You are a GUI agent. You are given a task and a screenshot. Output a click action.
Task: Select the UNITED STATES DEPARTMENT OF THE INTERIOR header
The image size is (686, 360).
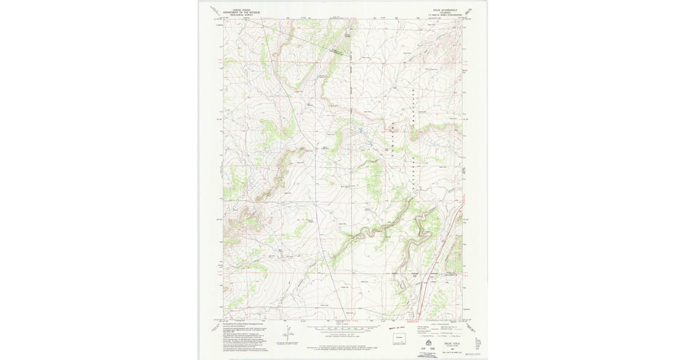(238, 11)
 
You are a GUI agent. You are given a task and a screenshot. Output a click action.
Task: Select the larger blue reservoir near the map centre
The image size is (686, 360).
(362, 134)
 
